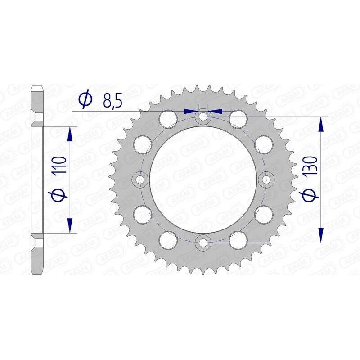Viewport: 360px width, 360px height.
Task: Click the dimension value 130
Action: click(312, 165)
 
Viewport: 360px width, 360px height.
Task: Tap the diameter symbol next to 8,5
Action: click(84, 100)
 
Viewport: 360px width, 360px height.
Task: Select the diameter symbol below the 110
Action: click(62, 195)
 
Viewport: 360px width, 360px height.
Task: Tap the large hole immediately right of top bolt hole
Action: click(238, 119)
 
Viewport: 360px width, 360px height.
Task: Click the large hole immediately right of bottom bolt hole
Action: click(238, 240)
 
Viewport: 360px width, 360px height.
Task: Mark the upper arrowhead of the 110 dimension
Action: click(70, 133)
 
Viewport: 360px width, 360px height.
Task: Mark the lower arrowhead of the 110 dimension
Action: click(70, 226)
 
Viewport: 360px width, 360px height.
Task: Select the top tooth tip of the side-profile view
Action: click(37, 86)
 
